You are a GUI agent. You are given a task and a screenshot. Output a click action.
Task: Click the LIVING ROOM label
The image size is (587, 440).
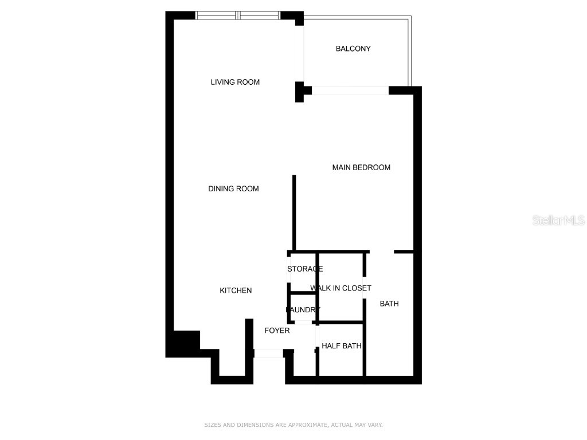pyautogui.click(x=235, y=82)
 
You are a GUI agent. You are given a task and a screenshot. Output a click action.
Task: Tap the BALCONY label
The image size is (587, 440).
pyautogui.click(x=353, y=49)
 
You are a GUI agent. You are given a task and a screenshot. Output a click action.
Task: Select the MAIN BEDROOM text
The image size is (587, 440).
pyautogui.click(x=361, y=167)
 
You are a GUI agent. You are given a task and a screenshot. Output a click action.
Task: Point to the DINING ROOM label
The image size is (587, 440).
pyautogui.click(x=233, y=188)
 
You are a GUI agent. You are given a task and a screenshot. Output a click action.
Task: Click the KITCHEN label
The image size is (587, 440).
pyautogui.click(x=236, y=290)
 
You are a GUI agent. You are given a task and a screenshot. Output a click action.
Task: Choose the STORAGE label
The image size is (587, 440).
pyautogui.click(x=305, y=269)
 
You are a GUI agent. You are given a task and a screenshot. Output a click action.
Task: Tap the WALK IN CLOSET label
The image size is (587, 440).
pyautogui.click(x=341, y=288)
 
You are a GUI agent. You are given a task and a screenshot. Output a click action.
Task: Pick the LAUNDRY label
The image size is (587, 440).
pyautogui.click(x=303, y=310)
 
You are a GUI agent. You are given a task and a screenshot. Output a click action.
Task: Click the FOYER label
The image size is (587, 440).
pyautogui.click(x=277, y=331)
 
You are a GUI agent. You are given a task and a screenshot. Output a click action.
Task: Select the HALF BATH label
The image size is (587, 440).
pyautogui.click(x=341, y=346)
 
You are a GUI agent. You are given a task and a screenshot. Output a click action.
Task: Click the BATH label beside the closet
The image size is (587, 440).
pyautogui.click(x=389, y=304)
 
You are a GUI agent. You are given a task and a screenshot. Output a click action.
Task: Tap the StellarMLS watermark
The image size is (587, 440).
pyautogui.click(x=558, y=220)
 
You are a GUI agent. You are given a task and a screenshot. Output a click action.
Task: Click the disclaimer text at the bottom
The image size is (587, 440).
pyautogui.click(x=293, y=425)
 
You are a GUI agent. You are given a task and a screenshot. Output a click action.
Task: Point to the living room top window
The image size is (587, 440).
pyautogui.click(x=238, y=15)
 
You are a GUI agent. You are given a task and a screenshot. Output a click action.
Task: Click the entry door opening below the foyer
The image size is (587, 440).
pyautogui.click(x=268, y=353)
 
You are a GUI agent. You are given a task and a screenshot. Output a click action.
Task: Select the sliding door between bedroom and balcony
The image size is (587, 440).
pyautogui.click(x=350, y=91)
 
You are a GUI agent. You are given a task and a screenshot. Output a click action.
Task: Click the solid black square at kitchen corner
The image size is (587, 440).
pyautogui.click(x=183, y=343)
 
